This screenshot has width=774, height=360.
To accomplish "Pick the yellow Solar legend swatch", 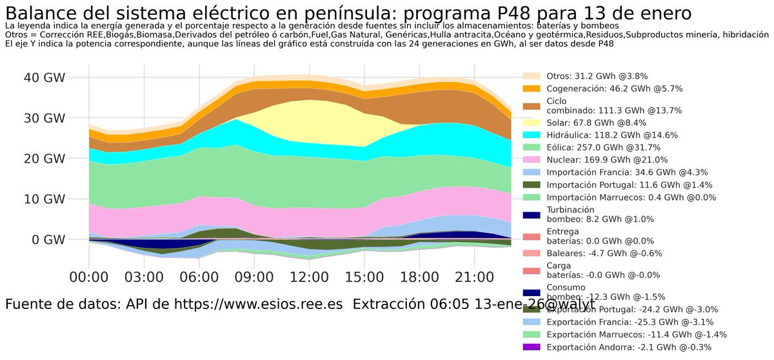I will [531, 123].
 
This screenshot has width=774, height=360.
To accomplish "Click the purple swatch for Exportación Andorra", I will [531, 348].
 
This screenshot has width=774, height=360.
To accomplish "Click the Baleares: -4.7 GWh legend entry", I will [604, 253].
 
